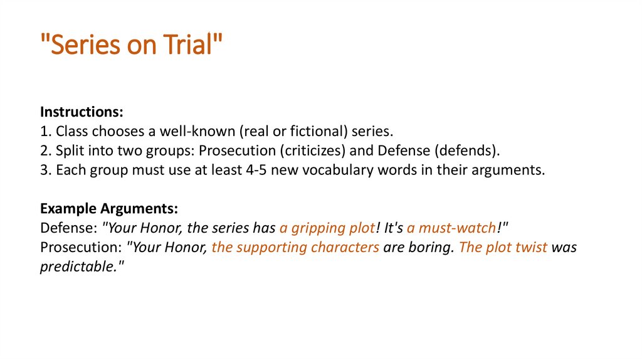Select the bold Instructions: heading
[x=82, y=112]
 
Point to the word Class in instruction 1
[x=71, y=132]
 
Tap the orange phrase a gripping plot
[x=327, y=228]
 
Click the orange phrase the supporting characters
[x=295, y=247]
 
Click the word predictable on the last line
[x=77, y=267]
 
